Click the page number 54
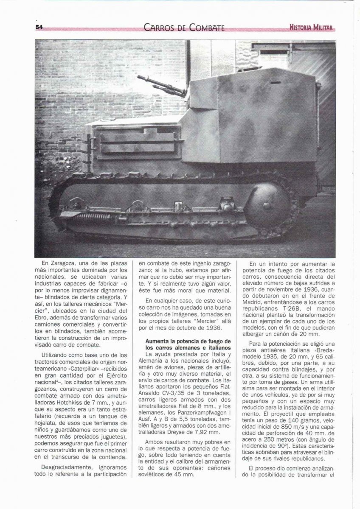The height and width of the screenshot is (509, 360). (x=39, y=27)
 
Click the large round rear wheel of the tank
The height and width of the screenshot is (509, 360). (x=268, y=203)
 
